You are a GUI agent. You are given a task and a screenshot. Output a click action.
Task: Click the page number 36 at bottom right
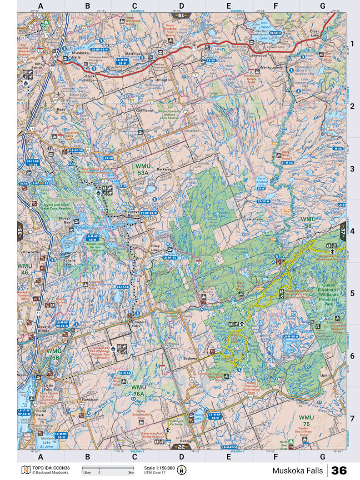[339, 470]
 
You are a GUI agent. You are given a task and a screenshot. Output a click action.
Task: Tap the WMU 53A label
[145, 169]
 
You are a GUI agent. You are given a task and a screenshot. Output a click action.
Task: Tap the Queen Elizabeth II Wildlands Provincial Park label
[324, 298]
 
